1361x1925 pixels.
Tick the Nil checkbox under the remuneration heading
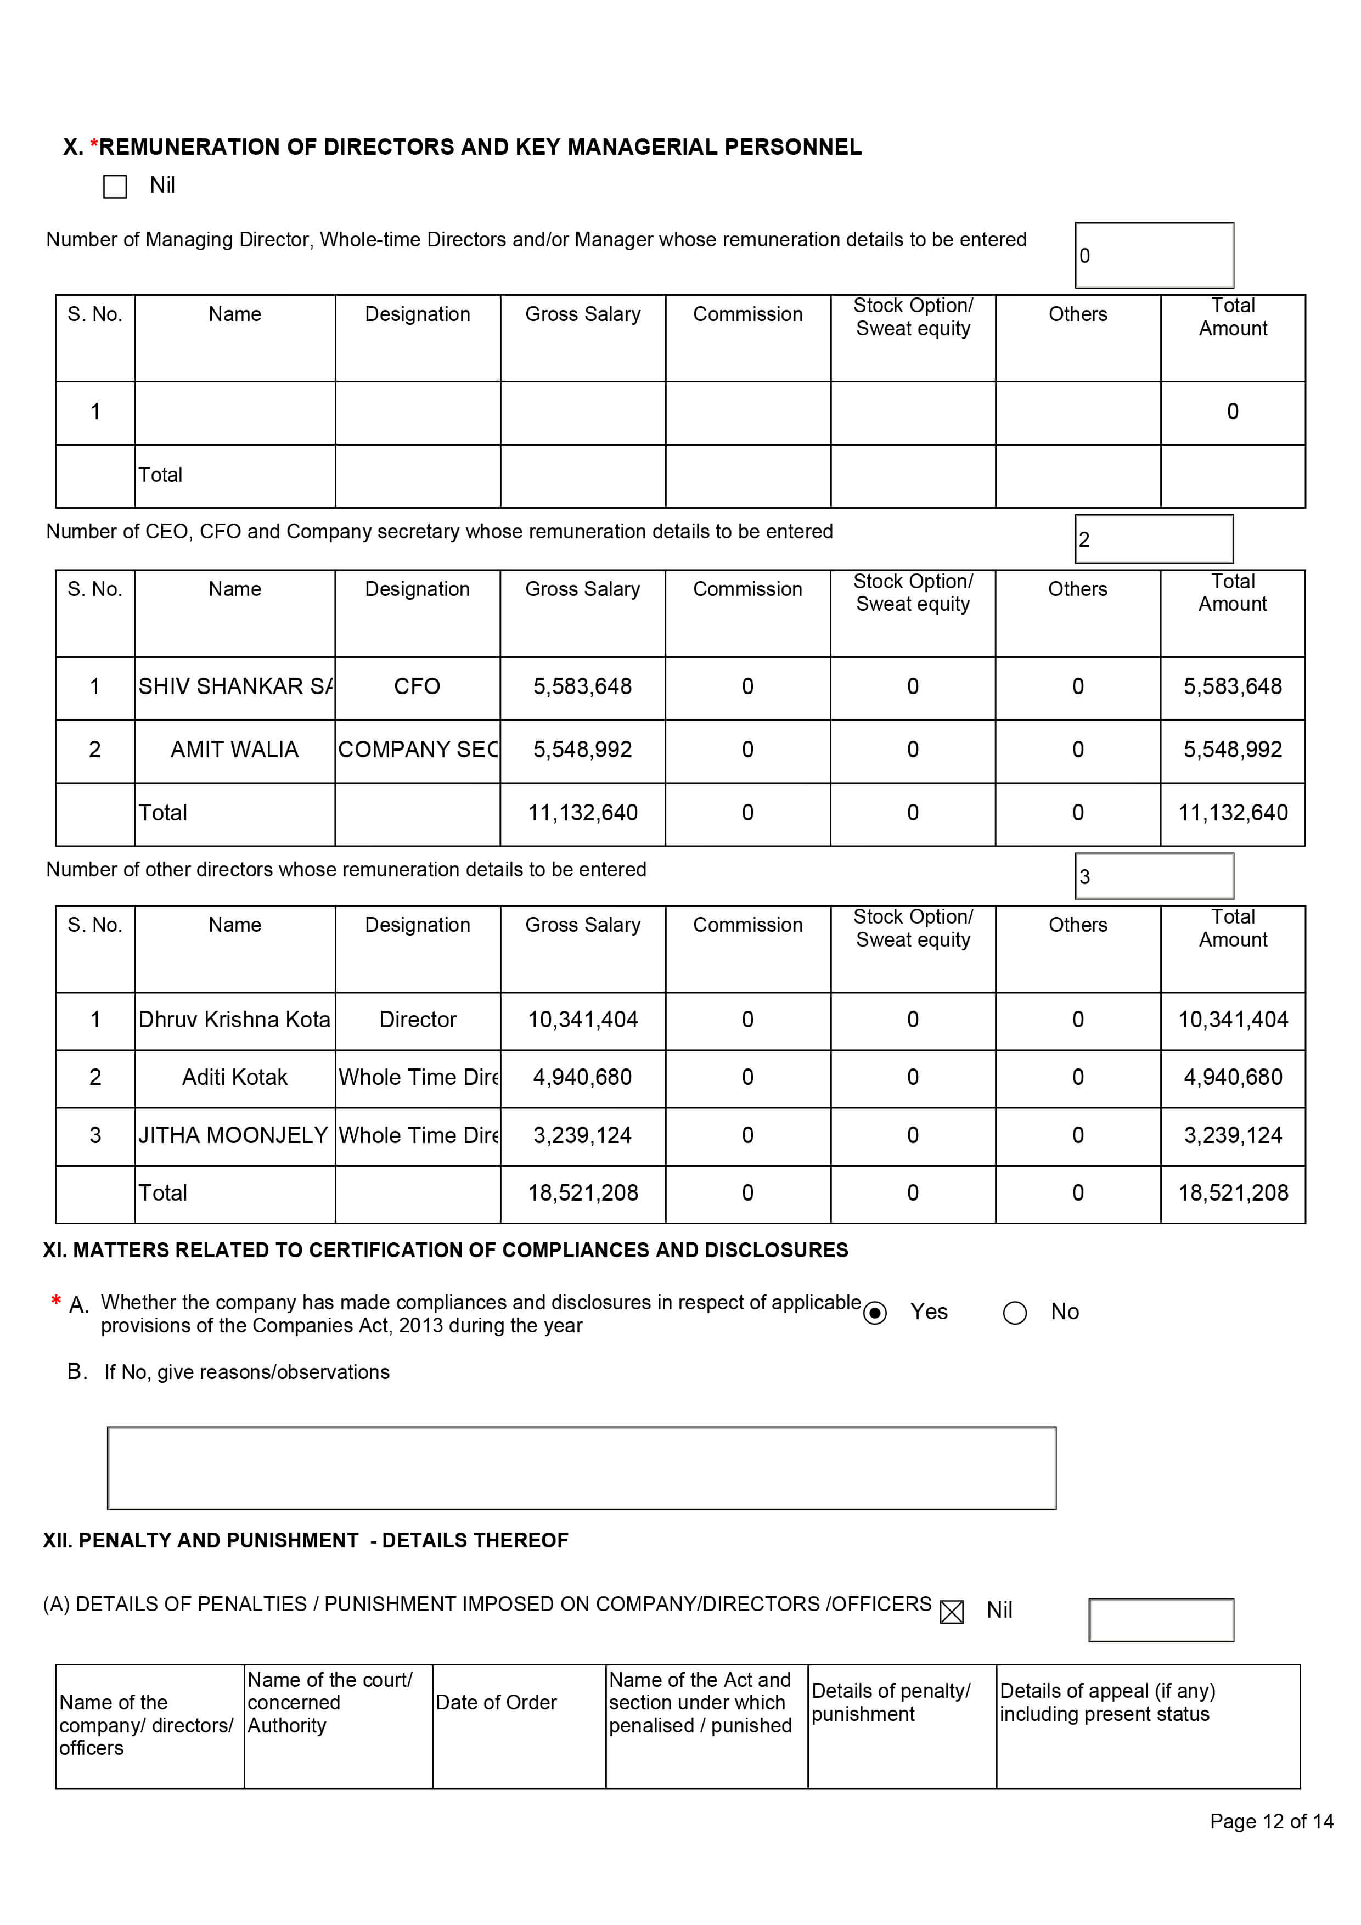(x=115, y=186)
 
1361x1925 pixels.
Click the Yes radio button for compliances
(x=875, y=1313)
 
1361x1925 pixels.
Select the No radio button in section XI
(x=1015, y=1313)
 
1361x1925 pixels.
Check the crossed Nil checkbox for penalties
(x=952, y=1612)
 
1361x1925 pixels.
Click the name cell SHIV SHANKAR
(x=235, y=686)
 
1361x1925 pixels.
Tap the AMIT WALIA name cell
(x=235, y=750)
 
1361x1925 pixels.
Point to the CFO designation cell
(x=417, y=686)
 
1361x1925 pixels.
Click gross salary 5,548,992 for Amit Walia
(x=583, y=750)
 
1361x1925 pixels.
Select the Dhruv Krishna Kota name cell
(x=235, y=1020)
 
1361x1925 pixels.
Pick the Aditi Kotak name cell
(x=235, y=1077)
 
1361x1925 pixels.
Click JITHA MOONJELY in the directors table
(x=233, y=1135)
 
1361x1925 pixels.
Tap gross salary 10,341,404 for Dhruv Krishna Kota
(x=583, y=1020)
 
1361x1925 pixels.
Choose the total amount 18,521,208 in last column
(x=1233, y=1193)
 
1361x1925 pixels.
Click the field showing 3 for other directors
(x=1154, y=876)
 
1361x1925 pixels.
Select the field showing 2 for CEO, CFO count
(x=1154, y=539)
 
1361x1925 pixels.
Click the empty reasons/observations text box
(x=581, y=1468)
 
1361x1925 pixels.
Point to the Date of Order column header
(x=497, y=1703)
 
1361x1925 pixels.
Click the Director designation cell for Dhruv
(x=418, y=1020)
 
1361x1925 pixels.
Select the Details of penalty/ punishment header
(x=891, y=1703)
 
